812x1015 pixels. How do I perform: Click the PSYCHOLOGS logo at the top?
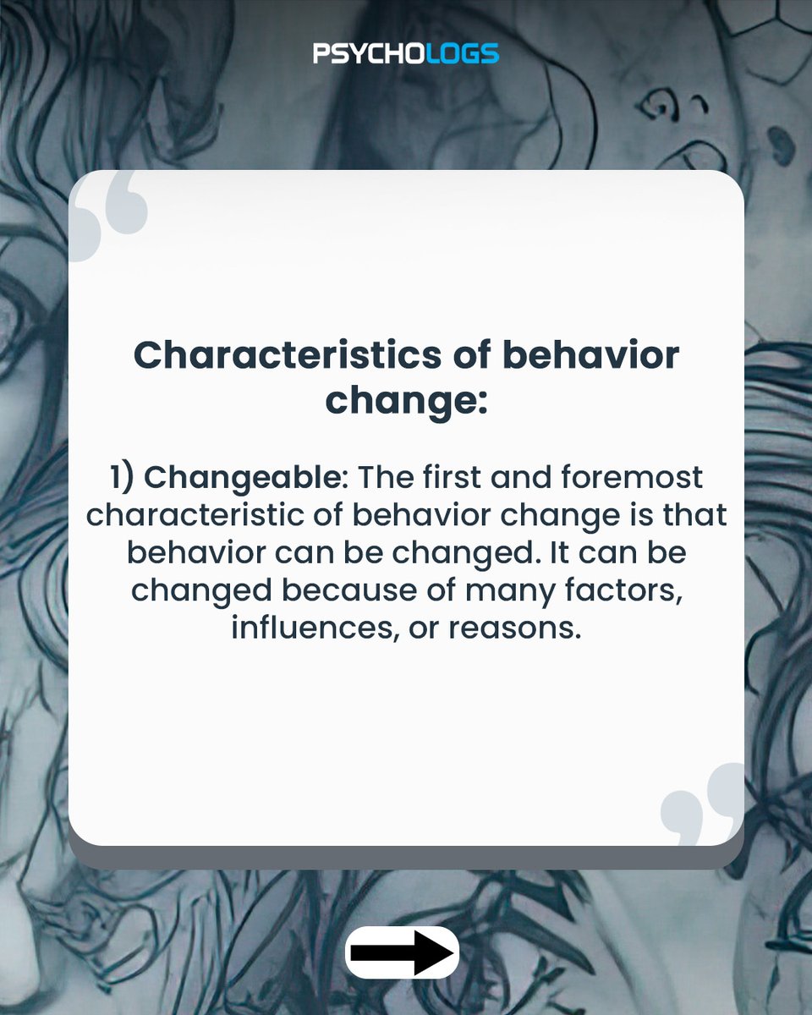coord(406,54)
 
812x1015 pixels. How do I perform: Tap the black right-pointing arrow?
coord(403,952)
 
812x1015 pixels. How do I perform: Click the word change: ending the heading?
coord(406,399)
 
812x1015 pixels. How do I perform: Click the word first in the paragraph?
coord(461,478)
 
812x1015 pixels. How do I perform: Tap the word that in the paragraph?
coord(695,515)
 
